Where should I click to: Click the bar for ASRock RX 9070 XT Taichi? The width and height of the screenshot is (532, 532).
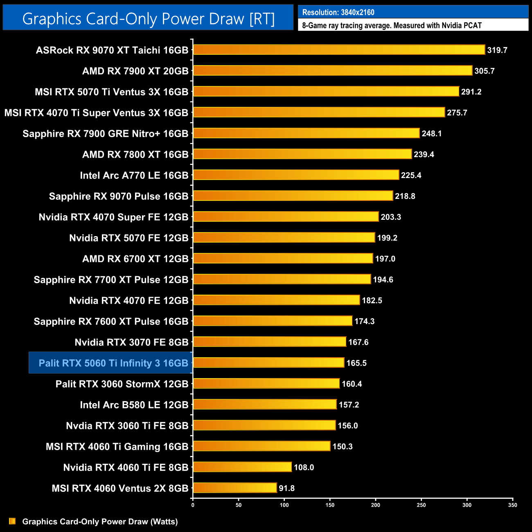(x=339, y=50)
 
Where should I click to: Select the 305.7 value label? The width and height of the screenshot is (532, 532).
(x=485, y=71)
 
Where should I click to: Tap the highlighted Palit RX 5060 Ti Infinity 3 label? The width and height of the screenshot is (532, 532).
(x=113, y=363)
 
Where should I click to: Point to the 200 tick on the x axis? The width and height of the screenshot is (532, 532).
(x=376, y=505)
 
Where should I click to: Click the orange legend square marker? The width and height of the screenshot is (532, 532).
(x=12, y=521)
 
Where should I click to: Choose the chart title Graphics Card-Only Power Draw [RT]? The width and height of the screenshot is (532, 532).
(x=148, y=19)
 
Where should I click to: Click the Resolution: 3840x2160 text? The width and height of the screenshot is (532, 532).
(x=338, y=12)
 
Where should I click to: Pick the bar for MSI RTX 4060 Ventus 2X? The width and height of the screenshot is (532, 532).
(x=235, y=488)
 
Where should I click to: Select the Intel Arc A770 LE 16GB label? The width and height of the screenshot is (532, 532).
(x=134, y=175)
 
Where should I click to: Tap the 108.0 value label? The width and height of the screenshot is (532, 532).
(x=304, y=467)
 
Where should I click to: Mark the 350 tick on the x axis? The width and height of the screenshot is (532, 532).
(x=513, y=505)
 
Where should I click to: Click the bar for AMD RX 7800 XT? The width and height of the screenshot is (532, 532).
(x=302, y=154)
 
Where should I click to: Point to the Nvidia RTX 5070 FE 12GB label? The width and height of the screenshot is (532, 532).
(x=129, y=238)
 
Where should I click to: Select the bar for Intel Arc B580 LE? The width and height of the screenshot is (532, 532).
(x=265, y=404)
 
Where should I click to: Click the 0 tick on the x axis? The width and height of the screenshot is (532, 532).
(x=193, y=505)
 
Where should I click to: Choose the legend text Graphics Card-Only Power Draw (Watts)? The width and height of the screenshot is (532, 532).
(x=100, y=521)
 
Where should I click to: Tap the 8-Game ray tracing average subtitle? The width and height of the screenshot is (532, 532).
(x=392, y=25)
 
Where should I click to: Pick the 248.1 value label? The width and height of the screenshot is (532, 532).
(x=432, y=133)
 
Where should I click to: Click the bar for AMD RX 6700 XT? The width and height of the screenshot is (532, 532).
(x=283, y=259)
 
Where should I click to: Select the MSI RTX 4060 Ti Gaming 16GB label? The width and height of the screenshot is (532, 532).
(x=117, y=446)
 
